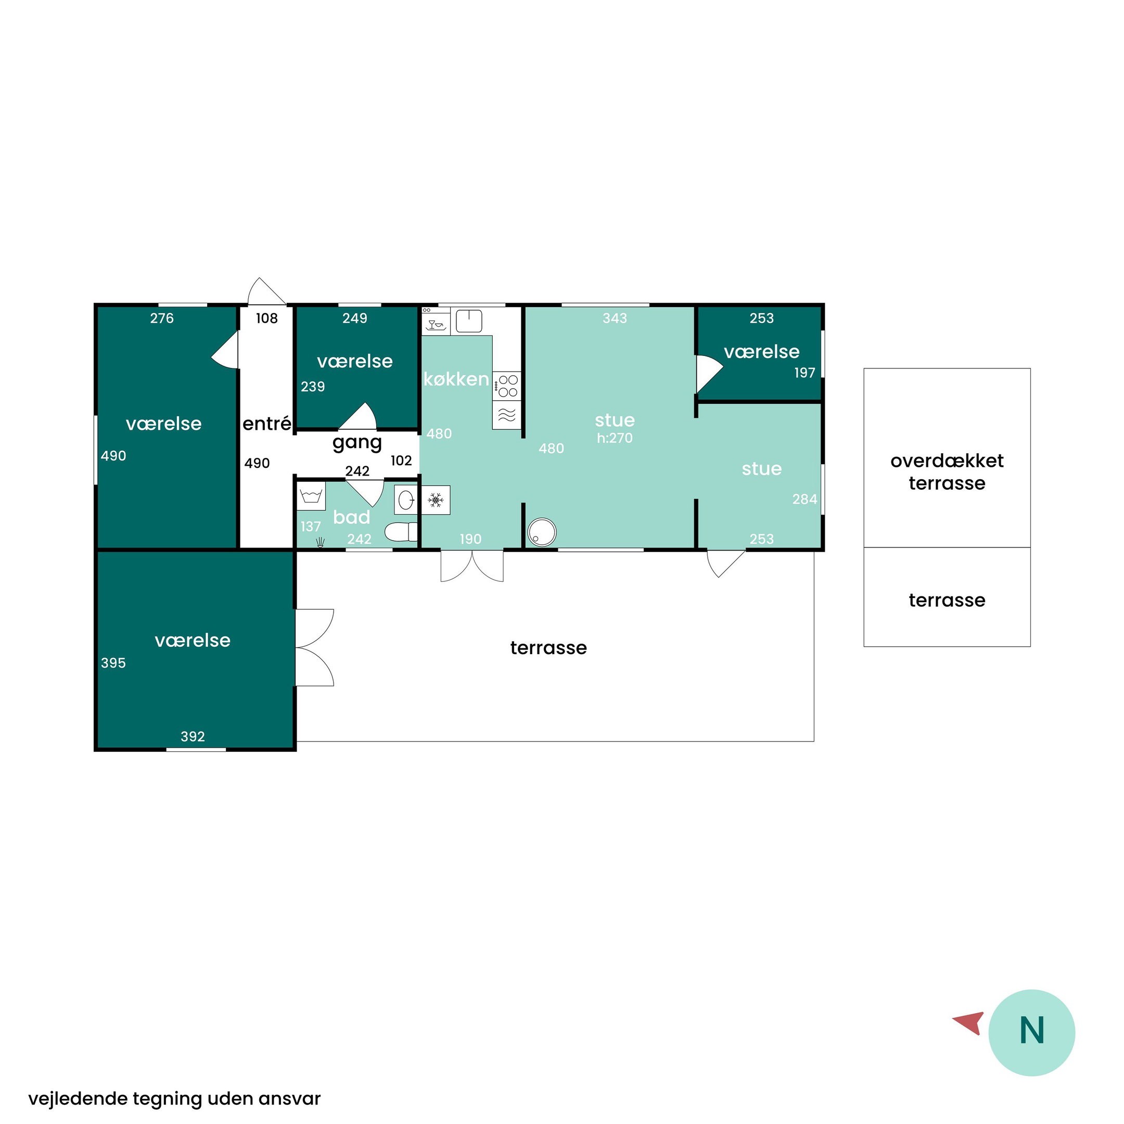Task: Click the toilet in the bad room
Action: point(401,532)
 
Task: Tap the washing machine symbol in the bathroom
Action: point(312,496)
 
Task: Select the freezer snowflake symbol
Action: point(436,500)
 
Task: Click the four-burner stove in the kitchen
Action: point(507,386)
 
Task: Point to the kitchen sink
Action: point(469,321)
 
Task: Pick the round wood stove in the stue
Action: point(542,532)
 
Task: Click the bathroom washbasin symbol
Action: point(406,500)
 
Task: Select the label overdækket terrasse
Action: point(947,472)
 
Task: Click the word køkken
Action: point(456,379)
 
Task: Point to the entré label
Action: point(267,423)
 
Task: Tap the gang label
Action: point(357,443)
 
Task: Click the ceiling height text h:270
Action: point(615,438)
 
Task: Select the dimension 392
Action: point(193,736)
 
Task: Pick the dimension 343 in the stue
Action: point(615,318)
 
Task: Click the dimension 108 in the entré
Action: point(267,318)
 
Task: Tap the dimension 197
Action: point(805,373)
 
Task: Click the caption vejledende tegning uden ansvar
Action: point(174,1099)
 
